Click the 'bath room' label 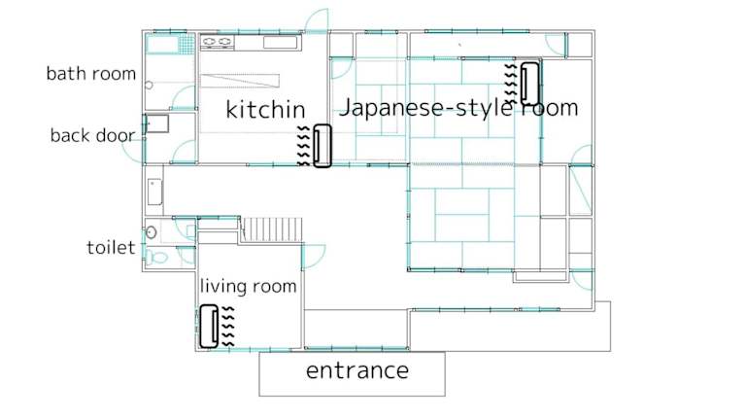pyautogui.click(x=91, y=74)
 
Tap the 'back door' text pyautogui.click(x=92, y=136)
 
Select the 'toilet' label pyautogui.click(x=111, y=248)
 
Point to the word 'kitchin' pyautogui.click(x=265, y=110)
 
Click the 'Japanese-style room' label pyautogui.click(x=458, y=107)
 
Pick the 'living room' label pyautogui.click(x=249, y=286)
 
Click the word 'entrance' pyautogui.click(x=357, y=370)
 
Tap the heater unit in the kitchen pyautogui.click(x=322, y=146)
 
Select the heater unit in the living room pyautogui.click(x=209, y=327)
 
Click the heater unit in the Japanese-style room pyautogui.click(x=529, y=84)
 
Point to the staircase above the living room pyautogui.click(x=271, y=229)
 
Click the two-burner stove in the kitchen pyautogui.click(x=217, y=42)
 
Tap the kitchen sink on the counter pyautogui.click(x=280, y=43)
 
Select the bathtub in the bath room pyautogui.click(x=162, y=45)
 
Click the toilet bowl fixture pyautogui.click(x=156, y=258)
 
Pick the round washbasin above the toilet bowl pyautogui.click(x=152, y=232)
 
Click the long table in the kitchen pyautogui.click(x=240, y=81)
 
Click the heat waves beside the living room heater pyautogui.click(x=228, y=327)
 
